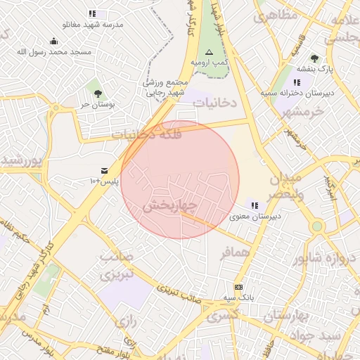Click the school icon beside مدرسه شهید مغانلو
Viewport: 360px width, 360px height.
click(92, 13)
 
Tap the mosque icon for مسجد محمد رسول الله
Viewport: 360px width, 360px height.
click(54, 41)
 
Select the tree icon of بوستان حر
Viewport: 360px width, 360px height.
click(97, 94)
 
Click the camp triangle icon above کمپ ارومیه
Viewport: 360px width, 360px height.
click(208, 53)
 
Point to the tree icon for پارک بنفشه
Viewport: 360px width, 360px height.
click(314, 58)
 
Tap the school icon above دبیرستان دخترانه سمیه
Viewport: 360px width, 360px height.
click(297, 82)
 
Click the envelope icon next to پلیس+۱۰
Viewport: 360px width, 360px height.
click(104, 171)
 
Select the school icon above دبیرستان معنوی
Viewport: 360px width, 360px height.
click(254, 205)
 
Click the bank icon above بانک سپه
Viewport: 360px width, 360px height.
click(238, 287)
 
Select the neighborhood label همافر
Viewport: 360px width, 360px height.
click(234, 252)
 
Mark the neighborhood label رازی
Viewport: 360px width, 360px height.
click(125, 322)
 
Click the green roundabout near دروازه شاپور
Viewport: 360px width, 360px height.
click(317, 226)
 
